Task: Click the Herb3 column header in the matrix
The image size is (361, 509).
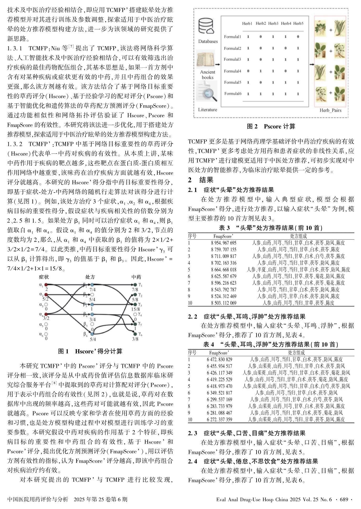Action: click(273, 24)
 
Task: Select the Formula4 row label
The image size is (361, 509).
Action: click(232, 71)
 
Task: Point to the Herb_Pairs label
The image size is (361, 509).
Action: click(330, 110)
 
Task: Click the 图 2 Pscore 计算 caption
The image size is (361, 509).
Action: click(271, 126)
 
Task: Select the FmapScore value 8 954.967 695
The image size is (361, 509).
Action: click(223, 243)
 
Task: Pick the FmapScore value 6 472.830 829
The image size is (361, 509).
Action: click(219, 359)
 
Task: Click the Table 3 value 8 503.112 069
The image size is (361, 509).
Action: click(223, 303)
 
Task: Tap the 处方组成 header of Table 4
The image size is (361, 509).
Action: click(296, 353)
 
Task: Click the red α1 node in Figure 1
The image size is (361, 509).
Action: click(46, 285)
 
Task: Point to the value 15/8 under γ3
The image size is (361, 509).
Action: click(135, 309)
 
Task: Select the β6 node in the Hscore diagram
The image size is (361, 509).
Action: click(92, 334)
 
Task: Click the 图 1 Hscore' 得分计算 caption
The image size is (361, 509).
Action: click(90, 351)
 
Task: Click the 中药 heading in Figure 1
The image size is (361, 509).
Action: click(136, 277)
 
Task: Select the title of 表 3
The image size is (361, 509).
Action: click(271, 228)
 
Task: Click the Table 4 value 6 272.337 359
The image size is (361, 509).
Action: click(219, 420)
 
